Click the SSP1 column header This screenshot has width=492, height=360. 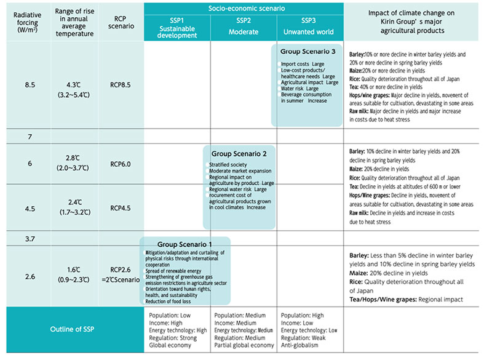coord(177,28)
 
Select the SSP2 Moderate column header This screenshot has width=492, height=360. coord(242,28)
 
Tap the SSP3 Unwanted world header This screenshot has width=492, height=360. coord(307,28)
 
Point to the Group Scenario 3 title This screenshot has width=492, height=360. coord(307,51)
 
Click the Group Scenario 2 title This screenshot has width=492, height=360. coord(242,153)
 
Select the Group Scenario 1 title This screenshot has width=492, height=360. coord(184,244)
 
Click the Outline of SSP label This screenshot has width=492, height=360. coord(73,329)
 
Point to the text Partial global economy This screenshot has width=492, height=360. coord(244,345)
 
